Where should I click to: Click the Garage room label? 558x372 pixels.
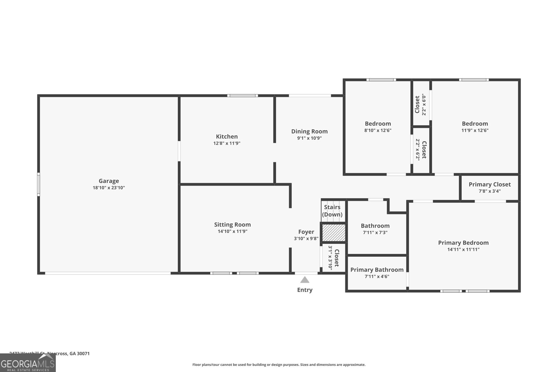109,181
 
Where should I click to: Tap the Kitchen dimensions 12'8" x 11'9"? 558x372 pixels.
227,143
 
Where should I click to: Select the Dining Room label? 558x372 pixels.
309,131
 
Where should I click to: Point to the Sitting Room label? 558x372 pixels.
232,225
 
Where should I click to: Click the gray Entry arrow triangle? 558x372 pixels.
305,280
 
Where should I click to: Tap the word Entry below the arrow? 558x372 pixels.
305,290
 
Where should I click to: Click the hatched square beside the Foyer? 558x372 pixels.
333,233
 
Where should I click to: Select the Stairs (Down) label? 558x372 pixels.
332,211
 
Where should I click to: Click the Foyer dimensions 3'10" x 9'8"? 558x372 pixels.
306,239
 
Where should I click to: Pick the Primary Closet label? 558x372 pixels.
489,184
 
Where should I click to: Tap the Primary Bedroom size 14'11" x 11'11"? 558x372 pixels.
463,250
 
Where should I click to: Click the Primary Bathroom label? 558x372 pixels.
377,270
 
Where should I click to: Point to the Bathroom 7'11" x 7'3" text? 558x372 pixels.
375,233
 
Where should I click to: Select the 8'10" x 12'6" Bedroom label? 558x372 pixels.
378,124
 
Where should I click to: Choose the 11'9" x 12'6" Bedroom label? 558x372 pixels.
475,124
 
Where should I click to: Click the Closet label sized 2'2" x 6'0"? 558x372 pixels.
417,104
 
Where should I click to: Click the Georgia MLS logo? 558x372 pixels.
28,363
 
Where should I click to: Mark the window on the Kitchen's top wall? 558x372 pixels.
243,96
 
